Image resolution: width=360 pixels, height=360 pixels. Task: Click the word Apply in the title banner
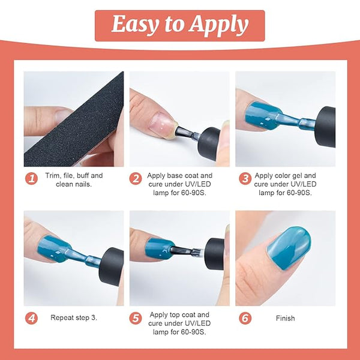(x=219, y=25)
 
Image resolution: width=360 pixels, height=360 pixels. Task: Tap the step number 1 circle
(x=31, y=179)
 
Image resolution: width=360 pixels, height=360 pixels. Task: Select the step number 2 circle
(x=136, y=179)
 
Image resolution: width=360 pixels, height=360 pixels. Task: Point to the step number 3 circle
(x=245, y=179)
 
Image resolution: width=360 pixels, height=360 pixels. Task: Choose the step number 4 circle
(x=31, y=318)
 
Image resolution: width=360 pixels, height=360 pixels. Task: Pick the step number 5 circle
(x=136, y=318)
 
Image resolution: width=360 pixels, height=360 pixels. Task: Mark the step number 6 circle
(x=245, y=318)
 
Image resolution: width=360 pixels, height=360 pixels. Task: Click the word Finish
(x=286, y=318)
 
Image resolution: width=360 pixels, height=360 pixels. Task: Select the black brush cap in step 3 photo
(x=325, y=127)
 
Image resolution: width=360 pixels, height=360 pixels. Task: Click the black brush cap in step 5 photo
(x=215, y=254)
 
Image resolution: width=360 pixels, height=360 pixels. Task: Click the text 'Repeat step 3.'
(x=74, y=318)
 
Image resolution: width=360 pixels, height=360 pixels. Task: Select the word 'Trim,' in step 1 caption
(x=53, y=176)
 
